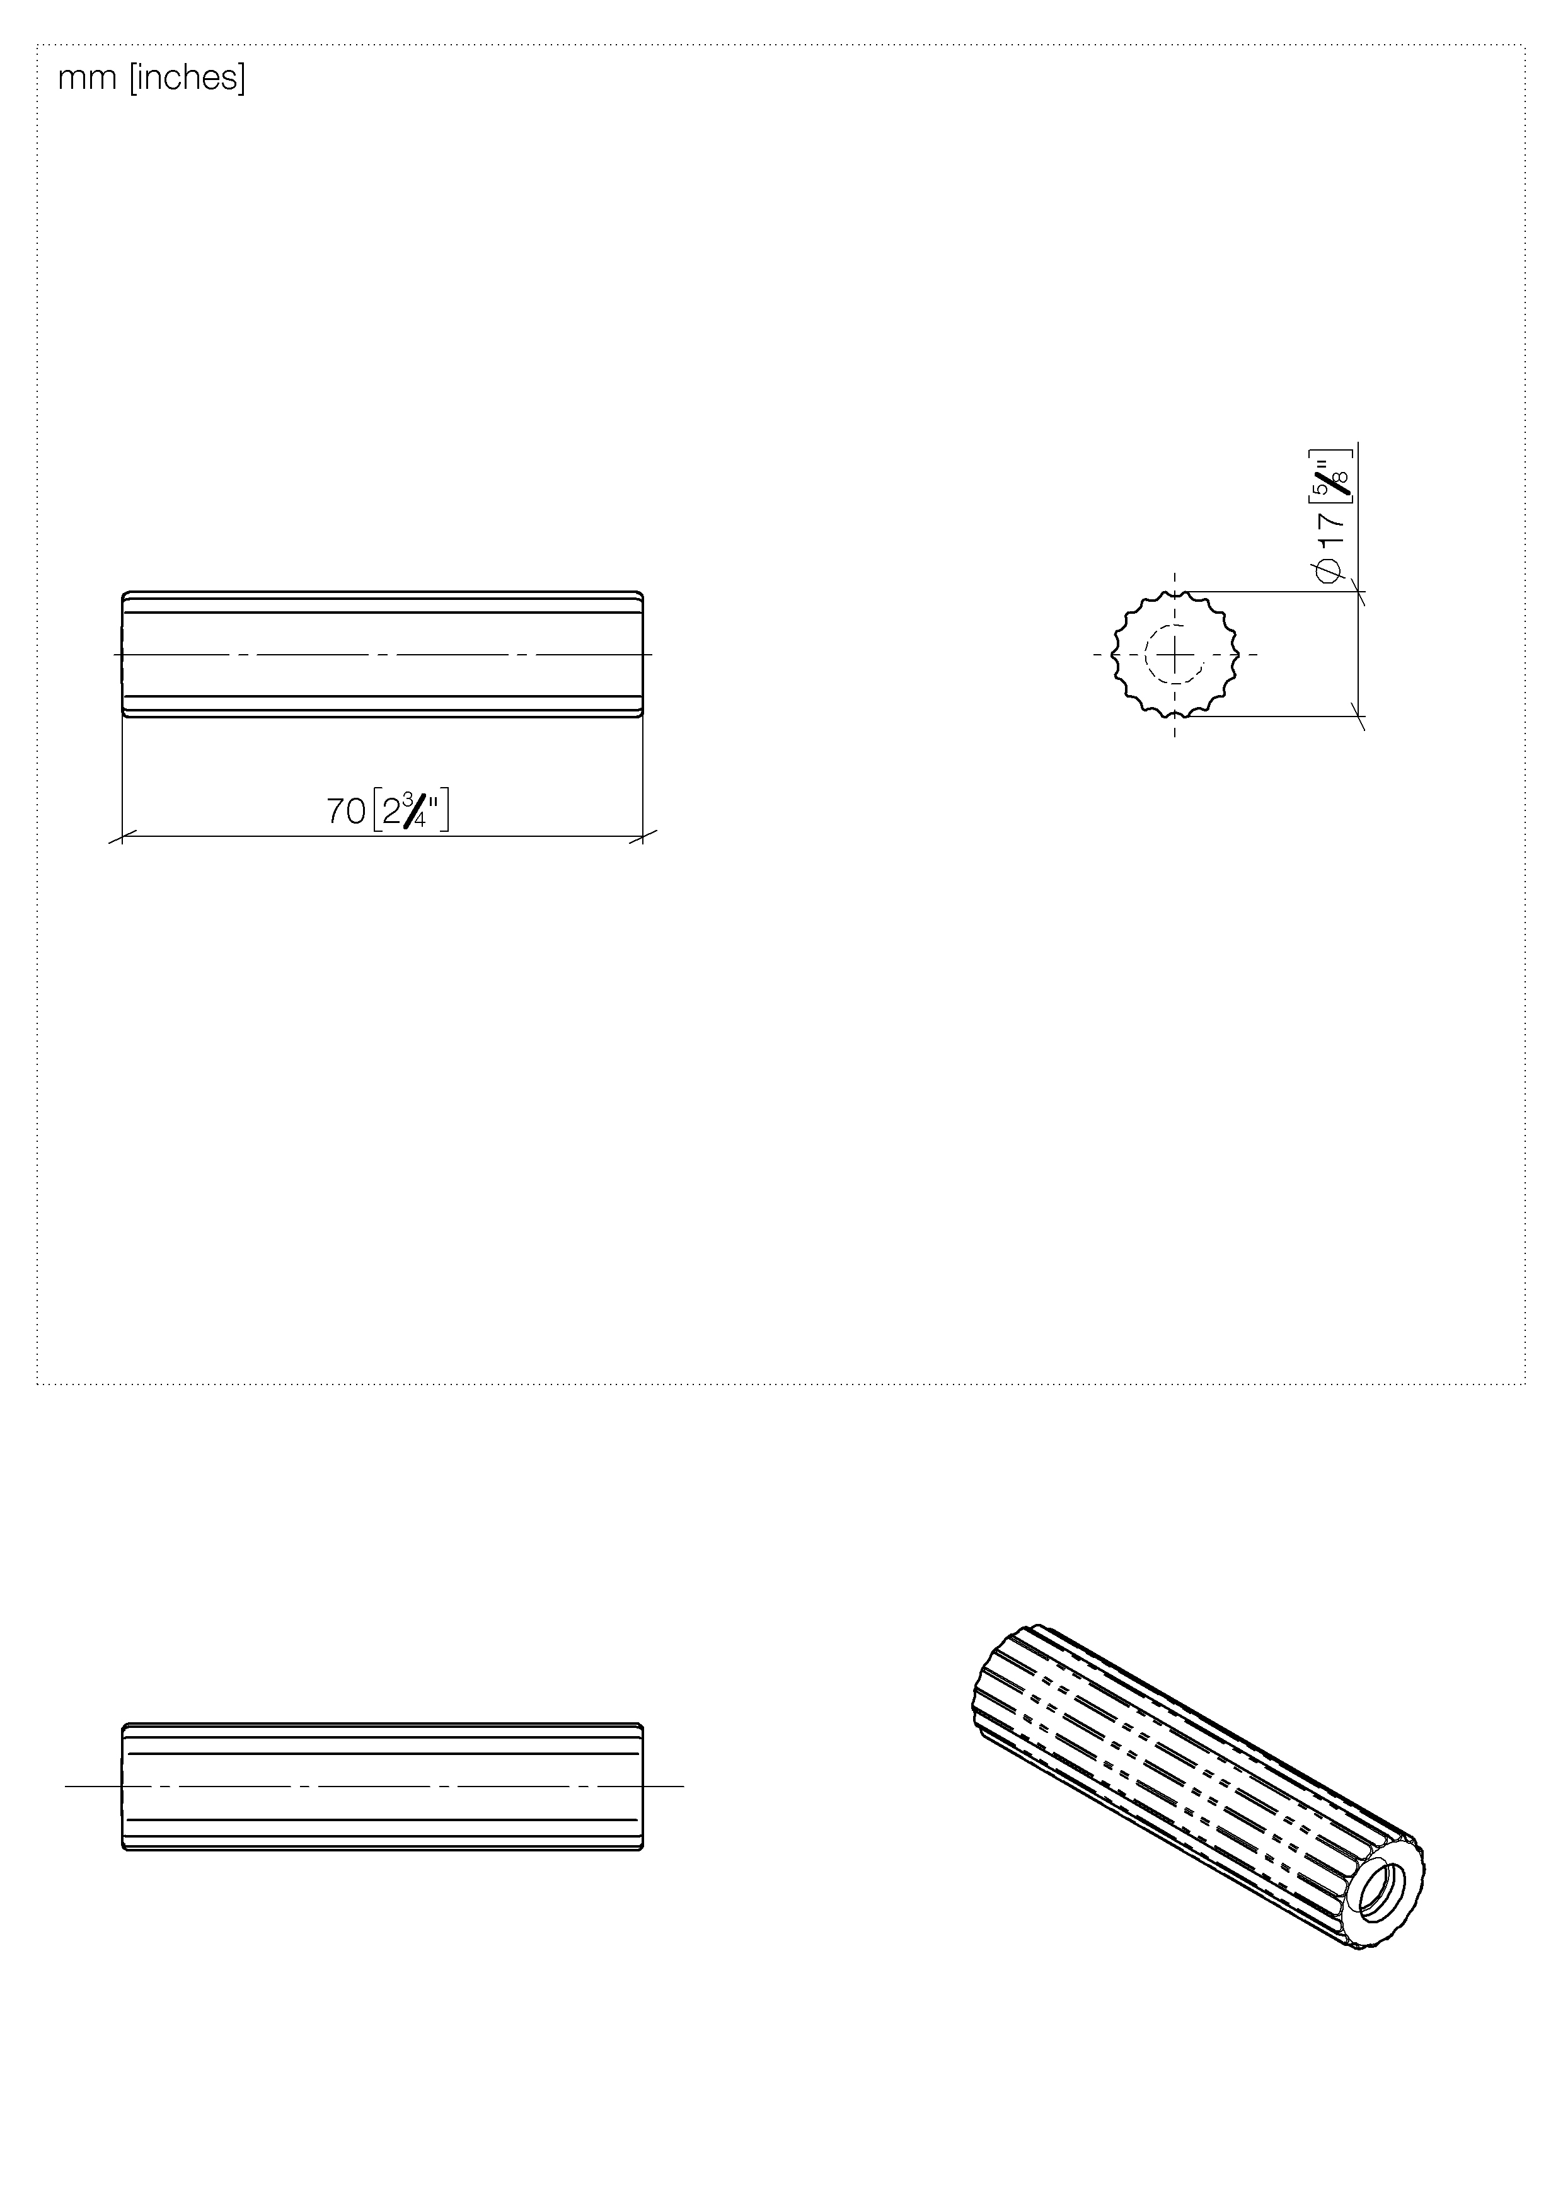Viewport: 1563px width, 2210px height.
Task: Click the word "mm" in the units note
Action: point(86,78)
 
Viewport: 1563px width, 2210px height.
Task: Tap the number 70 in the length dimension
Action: point(345,812)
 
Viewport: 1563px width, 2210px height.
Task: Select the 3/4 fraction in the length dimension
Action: point(415,810)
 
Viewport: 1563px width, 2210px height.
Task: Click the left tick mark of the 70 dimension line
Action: point(122,836)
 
